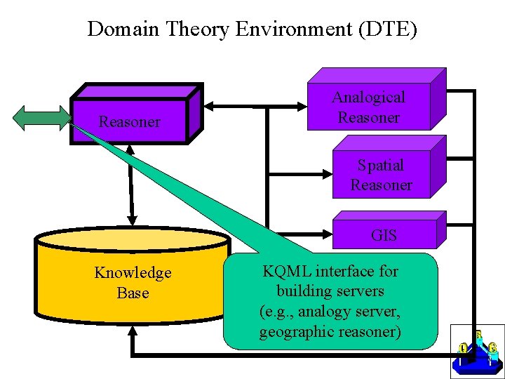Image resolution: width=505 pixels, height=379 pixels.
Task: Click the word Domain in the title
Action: pyautogui.click(x=123, y=29)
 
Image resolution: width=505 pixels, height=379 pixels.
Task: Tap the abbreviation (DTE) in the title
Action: pyautogui.click(x=387, y=29)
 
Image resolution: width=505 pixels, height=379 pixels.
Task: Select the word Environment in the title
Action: pyautogui.click(x=294, y=29)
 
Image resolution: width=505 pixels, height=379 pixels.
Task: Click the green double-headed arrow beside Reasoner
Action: pyautogui.click(x=42, y=119)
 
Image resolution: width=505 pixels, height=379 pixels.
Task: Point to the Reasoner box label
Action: pyautogui.click(x=130, y=121)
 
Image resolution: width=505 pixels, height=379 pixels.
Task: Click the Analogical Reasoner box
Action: pyautogui.click(x=377, y=99)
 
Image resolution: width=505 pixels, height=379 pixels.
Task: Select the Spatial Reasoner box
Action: pyautogui.click(x=389, y=166)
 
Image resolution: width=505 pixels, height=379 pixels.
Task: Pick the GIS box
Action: pyautogui.click(x=389, y=230)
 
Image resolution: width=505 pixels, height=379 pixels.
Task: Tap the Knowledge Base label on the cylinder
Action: pyautogui.click(x=133, y=283)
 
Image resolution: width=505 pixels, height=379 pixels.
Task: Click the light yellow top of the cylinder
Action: pyautogui.click(x=133, y=239)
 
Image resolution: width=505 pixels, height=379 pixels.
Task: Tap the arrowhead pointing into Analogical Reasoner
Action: pyautogui.click(x=302, y=107)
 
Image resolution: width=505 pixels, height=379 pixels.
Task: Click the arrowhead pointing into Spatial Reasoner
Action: pyautogui.click(x=328, y=174)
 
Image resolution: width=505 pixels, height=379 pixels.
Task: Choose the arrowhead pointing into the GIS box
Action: pyautogui.click(x=328, y=234)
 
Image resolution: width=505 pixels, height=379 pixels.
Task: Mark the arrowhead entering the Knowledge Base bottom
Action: pyautogui.click(x=133, y=331)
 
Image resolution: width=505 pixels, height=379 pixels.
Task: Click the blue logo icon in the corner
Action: pyautogui.click(x=478, y=352)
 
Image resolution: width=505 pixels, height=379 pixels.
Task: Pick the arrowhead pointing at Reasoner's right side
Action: pyautogui.click(x=209, y=106)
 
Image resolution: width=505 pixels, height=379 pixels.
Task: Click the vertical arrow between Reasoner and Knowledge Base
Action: pyautogui.click(x=130, y=185)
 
